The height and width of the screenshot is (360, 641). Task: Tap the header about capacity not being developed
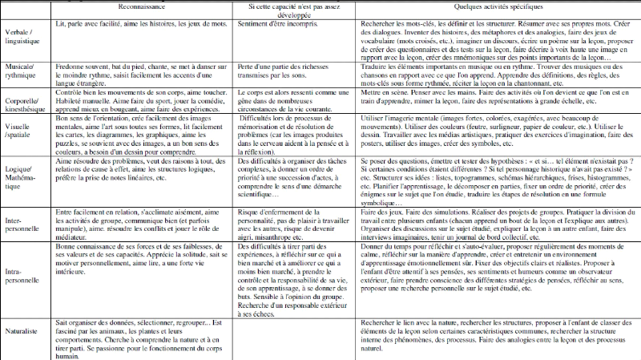290,12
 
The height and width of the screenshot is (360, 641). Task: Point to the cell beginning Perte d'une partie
290,73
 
